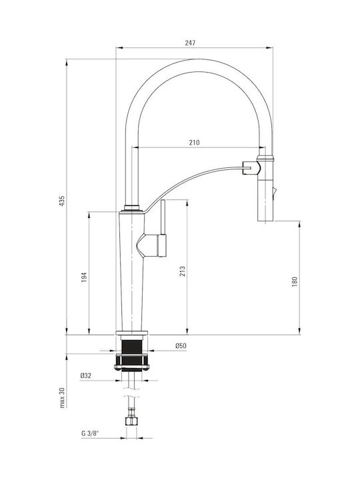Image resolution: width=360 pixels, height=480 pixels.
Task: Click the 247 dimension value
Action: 190,43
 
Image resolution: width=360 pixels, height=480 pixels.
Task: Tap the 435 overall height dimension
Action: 62,201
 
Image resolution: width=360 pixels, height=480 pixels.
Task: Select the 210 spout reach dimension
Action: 194,143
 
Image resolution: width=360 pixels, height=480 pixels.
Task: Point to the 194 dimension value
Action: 84,277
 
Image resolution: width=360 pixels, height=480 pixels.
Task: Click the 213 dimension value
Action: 183,271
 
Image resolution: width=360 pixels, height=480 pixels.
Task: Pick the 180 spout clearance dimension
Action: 295,281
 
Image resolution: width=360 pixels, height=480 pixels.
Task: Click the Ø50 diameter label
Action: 181,346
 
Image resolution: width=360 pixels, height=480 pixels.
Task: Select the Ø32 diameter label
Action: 86,375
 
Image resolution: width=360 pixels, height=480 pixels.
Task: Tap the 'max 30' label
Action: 63,397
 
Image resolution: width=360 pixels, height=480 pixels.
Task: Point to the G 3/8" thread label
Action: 90,433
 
